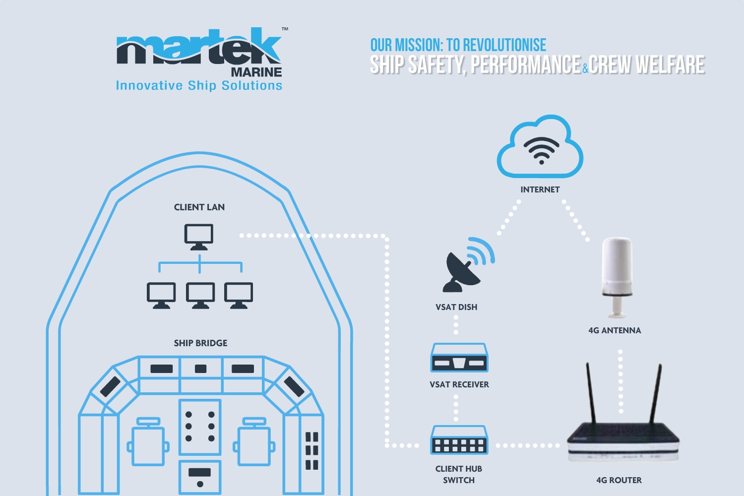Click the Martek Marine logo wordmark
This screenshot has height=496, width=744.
[199, 50]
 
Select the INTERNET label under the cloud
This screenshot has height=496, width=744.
[540, 189]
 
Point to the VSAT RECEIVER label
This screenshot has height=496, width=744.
[459, 384]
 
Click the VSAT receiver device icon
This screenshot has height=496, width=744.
[459, 358]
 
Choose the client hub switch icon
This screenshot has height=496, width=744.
[459, 440]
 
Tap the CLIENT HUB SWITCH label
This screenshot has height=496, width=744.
[459, 474]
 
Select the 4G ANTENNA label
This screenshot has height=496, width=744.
[615, 330]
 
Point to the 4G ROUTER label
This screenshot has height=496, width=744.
[619, 480]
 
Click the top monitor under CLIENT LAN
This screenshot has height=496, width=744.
[199, 236]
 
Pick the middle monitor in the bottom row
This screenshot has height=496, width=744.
[200, 295]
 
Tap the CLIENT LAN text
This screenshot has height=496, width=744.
[199, 207]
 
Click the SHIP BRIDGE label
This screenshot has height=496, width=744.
[200, 343]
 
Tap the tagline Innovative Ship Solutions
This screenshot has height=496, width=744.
[199, 86]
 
